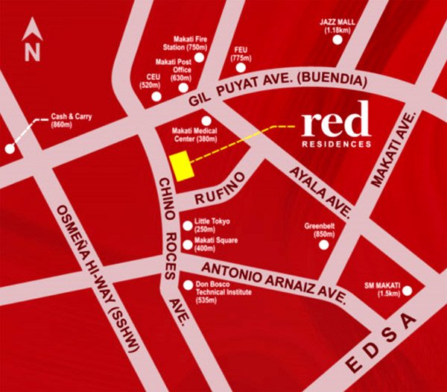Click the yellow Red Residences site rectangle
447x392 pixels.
[182, 165]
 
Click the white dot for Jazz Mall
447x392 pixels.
[337, 41]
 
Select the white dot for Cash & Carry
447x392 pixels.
[10, 148]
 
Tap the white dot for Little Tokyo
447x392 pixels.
[186, 226]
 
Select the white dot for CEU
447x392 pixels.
[156, 95]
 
